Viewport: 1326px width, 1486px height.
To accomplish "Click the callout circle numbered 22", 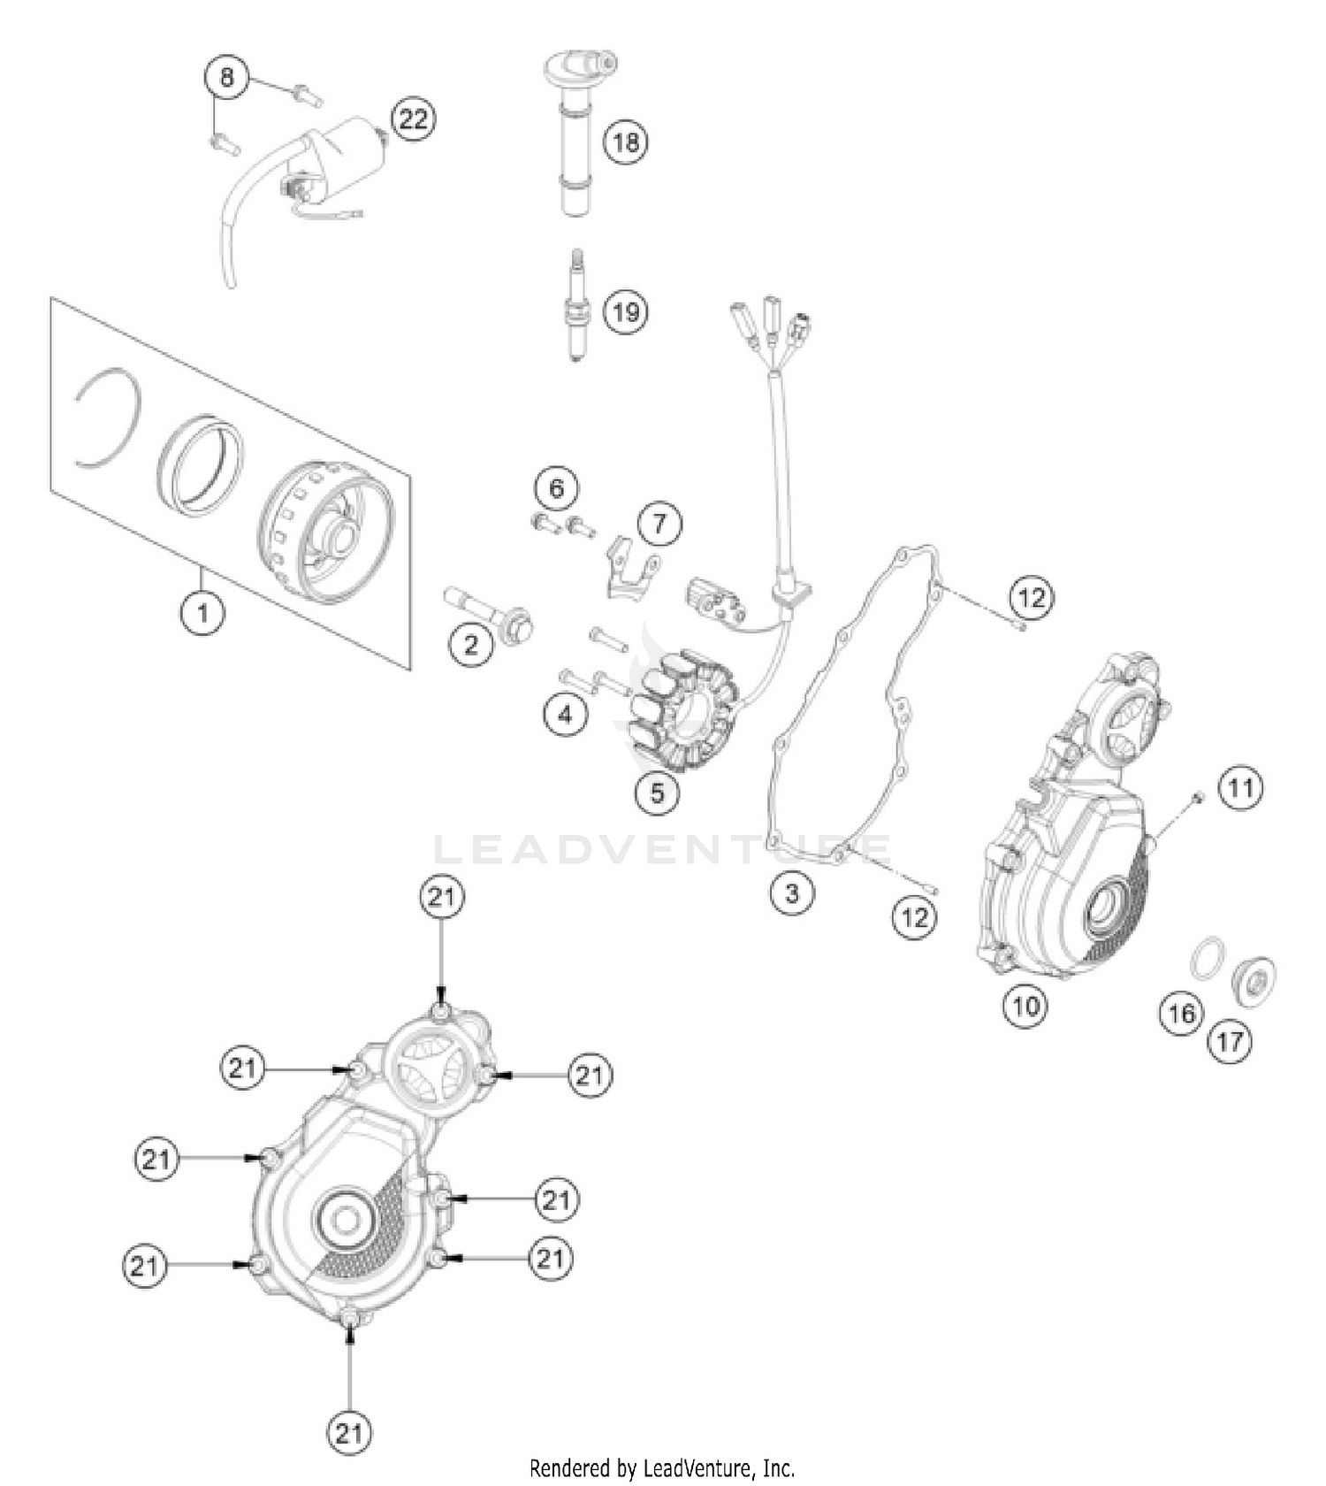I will [413, 118].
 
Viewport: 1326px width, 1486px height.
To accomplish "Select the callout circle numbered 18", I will [626, 142].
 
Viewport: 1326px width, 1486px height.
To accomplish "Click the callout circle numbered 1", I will [202, 611].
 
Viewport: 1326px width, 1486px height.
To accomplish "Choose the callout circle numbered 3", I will [791, 892].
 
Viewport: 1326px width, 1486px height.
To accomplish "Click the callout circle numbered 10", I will [1025, 1005].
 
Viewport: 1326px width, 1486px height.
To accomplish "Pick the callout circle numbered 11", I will [1241, 787].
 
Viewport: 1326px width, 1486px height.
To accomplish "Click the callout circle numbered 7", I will [659, 524].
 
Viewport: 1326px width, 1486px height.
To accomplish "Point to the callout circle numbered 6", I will [556, 488].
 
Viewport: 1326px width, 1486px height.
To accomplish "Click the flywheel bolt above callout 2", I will [489, 611].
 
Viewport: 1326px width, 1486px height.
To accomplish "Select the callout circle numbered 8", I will [227, 78].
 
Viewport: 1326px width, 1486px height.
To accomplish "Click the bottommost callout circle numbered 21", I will [349, 1431].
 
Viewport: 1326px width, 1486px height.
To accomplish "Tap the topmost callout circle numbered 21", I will [442, 897].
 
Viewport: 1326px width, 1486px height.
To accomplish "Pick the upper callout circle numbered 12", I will [1031, 598].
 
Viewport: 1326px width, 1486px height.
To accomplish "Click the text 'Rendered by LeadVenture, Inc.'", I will [662, 1468].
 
